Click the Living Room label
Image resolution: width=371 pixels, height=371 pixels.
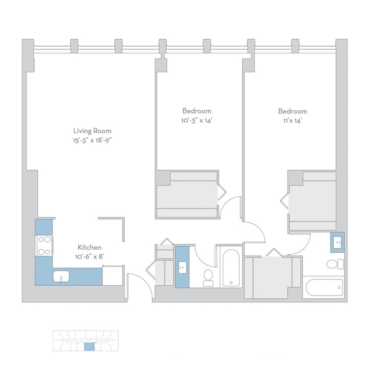(92, 131)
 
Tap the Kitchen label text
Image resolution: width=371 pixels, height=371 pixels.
(90, 247)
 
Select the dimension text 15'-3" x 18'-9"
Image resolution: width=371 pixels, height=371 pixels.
(92, 140)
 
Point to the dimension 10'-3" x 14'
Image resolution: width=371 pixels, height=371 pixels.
(196, 121)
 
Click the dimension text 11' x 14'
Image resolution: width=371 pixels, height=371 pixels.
(292, 121)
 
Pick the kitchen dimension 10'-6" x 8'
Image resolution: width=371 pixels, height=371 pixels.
(90, 257)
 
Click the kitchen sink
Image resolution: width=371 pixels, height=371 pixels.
(61, 276)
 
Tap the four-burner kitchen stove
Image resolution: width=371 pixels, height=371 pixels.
(44, 246)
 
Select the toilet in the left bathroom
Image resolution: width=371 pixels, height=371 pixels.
(208, 276)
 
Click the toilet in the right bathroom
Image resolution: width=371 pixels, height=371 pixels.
(332, 264)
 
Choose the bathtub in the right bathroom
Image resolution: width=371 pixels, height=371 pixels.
(324, 287)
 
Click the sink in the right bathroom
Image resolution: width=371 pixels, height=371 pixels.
(338, 242)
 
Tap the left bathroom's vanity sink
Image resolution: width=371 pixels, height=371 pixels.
(182, 267)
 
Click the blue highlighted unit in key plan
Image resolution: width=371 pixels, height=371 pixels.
(89, 347)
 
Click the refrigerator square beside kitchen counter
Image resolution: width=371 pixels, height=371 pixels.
(113, 276)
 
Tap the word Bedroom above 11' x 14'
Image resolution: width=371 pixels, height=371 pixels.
(292, 111)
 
